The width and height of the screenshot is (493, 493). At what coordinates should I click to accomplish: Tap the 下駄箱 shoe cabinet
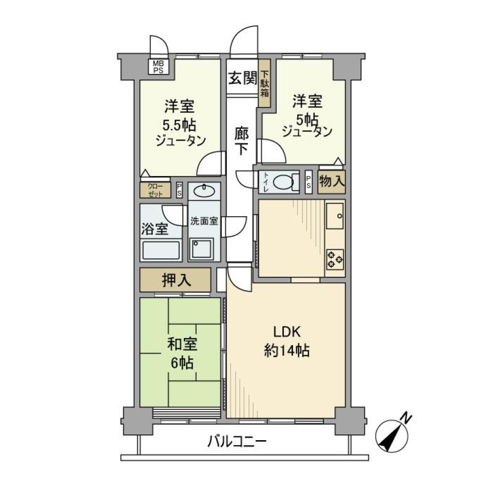[264, 83]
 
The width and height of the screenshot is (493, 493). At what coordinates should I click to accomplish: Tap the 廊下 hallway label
[242, 140]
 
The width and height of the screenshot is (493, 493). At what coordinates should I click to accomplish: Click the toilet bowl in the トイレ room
[283, 181]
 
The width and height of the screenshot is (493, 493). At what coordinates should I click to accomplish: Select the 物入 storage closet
[332, 181]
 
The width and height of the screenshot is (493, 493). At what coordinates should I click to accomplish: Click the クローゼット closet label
[155, 191]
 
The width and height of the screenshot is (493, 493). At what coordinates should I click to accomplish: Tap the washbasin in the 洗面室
[204, 191]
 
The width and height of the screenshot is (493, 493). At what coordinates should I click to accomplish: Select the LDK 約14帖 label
[286, 341]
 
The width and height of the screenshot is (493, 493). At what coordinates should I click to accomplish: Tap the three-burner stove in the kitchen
[335, 258]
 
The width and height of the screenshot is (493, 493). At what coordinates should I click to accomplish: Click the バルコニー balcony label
[237, 441]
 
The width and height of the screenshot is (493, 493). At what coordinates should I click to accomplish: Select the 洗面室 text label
[204, 221]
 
